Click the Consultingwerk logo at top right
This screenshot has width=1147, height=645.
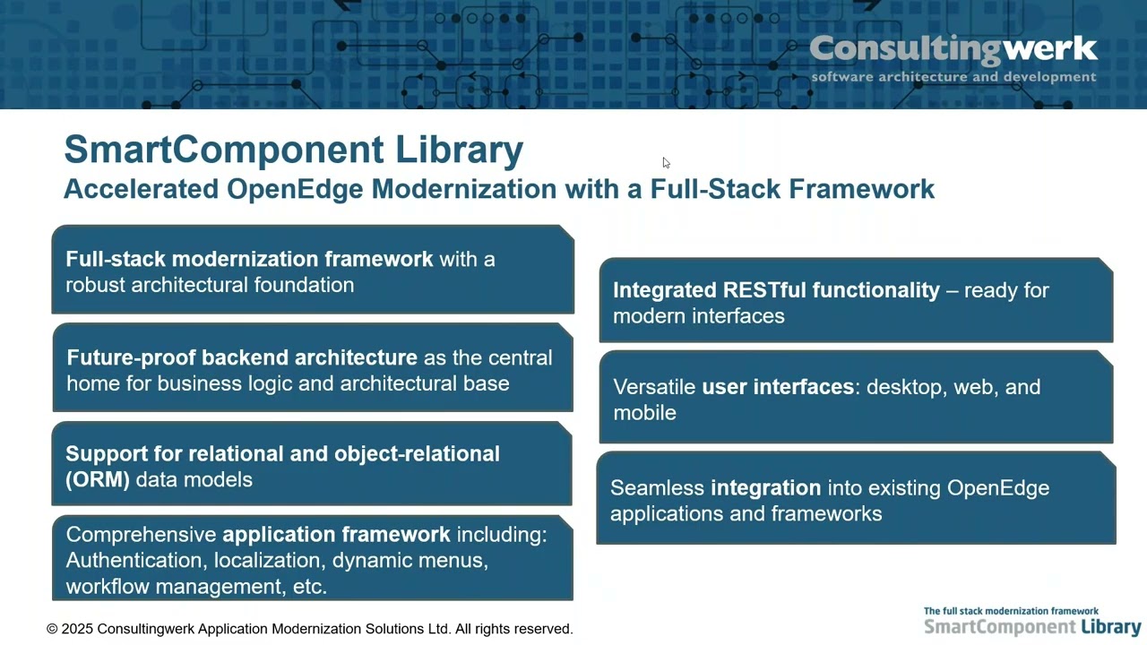(x=953, y=50)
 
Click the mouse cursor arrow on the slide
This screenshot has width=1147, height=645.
(x=666, y=162)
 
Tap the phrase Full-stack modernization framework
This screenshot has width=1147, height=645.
(x=249, y=259)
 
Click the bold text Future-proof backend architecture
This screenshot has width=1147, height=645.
(x=242, y=357)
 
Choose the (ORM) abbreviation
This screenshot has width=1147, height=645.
(x=98, y=479)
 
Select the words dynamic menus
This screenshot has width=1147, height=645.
(x=410, y=561)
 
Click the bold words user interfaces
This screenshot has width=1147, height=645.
(x=777, y=387)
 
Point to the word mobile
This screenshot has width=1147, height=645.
(x=644, y=413)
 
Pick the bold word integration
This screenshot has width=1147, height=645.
(x=765, y=488)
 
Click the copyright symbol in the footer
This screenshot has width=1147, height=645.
(x=52, y=629)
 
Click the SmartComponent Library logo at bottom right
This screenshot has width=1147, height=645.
(x=1032, y=622)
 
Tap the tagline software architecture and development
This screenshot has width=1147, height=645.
(x=953, y=77)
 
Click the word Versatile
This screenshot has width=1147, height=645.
(x=654, y=387)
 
